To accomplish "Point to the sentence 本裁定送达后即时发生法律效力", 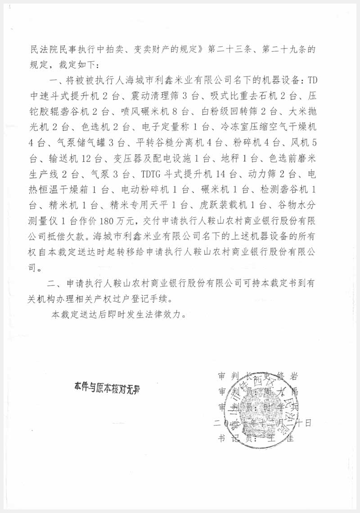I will click(118, 314).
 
